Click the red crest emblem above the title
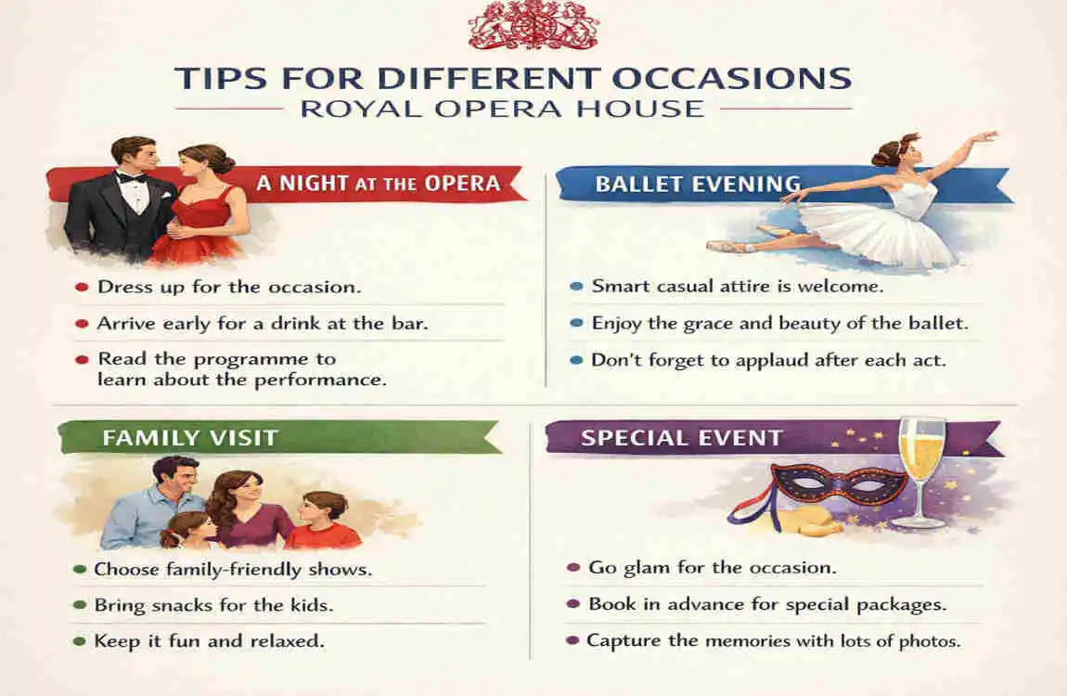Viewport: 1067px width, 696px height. coord(533,25)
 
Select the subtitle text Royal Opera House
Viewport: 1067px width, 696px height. coord(502,108)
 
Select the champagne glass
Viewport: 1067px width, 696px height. coord(921,469)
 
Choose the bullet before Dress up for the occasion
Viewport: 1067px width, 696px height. coord(82,288)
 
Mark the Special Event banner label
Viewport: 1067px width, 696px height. coord(681,437)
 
